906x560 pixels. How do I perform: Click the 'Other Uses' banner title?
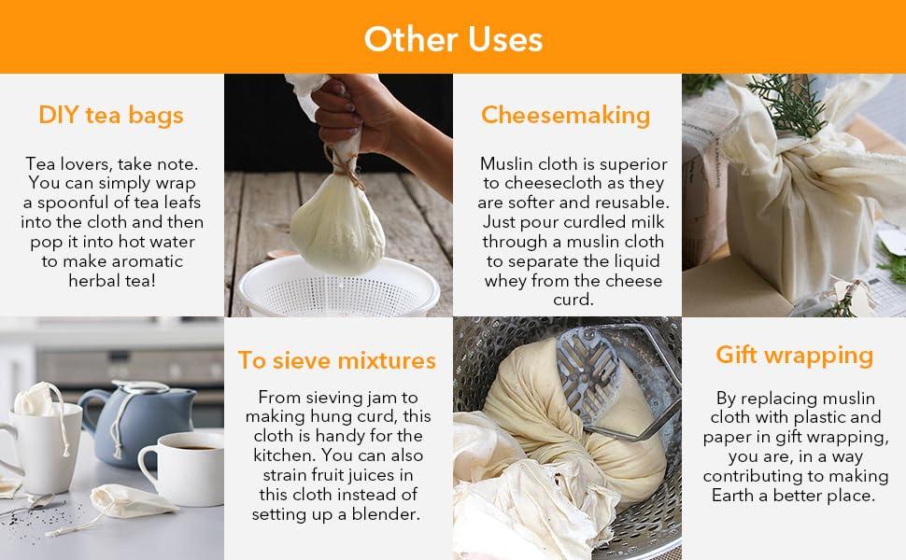[453, 39]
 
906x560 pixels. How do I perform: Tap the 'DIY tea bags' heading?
[111, 115]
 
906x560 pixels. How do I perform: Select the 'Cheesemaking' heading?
[566, 115]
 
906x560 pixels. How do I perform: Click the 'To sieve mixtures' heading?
[337, 360]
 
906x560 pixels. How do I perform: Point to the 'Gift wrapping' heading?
[795, 355]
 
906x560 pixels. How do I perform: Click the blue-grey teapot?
[142, 422]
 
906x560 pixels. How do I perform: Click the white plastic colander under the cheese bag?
[339, 287]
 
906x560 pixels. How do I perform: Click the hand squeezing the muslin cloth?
[370, 124]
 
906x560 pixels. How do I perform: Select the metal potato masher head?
[589, 374]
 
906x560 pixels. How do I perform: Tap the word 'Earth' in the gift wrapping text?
[732, 496]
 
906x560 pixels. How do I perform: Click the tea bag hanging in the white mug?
[35, 399]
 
